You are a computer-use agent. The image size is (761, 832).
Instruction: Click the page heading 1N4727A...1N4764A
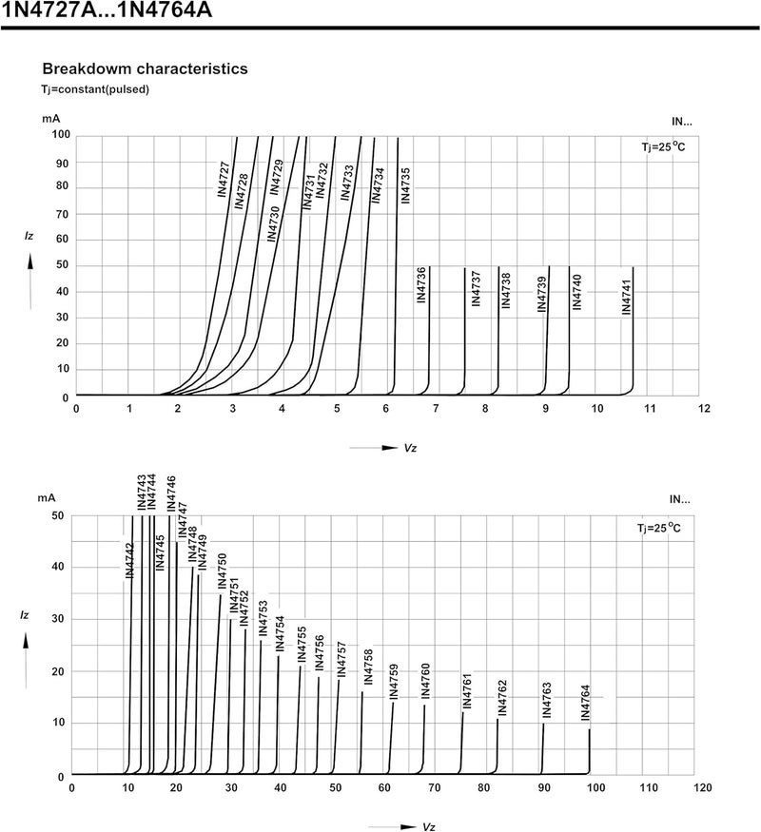107,10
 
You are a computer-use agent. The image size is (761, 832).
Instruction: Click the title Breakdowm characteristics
145,69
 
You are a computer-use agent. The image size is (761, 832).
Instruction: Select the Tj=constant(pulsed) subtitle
95,89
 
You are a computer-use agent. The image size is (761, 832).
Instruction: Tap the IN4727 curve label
224,180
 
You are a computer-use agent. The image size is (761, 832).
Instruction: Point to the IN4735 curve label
405,185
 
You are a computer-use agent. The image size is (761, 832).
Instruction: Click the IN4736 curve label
421,285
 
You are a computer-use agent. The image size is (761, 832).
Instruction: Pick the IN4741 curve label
627,298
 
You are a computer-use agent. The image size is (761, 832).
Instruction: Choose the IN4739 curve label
542,294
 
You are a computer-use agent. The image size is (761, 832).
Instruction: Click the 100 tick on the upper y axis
61,135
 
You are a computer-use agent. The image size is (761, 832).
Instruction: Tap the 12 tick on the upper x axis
704,409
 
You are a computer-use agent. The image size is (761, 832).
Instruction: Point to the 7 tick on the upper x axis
436,409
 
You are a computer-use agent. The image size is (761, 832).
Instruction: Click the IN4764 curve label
585,703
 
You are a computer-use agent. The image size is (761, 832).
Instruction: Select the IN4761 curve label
467,691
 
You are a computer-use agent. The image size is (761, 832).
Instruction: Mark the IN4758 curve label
368,667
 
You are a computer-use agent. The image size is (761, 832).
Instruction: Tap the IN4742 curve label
129,560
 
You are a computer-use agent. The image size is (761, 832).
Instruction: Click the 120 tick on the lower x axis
703,788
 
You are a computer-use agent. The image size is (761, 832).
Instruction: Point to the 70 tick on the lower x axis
435,788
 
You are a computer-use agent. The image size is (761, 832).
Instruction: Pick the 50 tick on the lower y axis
57,515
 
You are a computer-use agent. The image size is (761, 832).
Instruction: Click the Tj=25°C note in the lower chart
658,528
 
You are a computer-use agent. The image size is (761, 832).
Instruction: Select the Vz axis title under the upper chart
410,448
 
